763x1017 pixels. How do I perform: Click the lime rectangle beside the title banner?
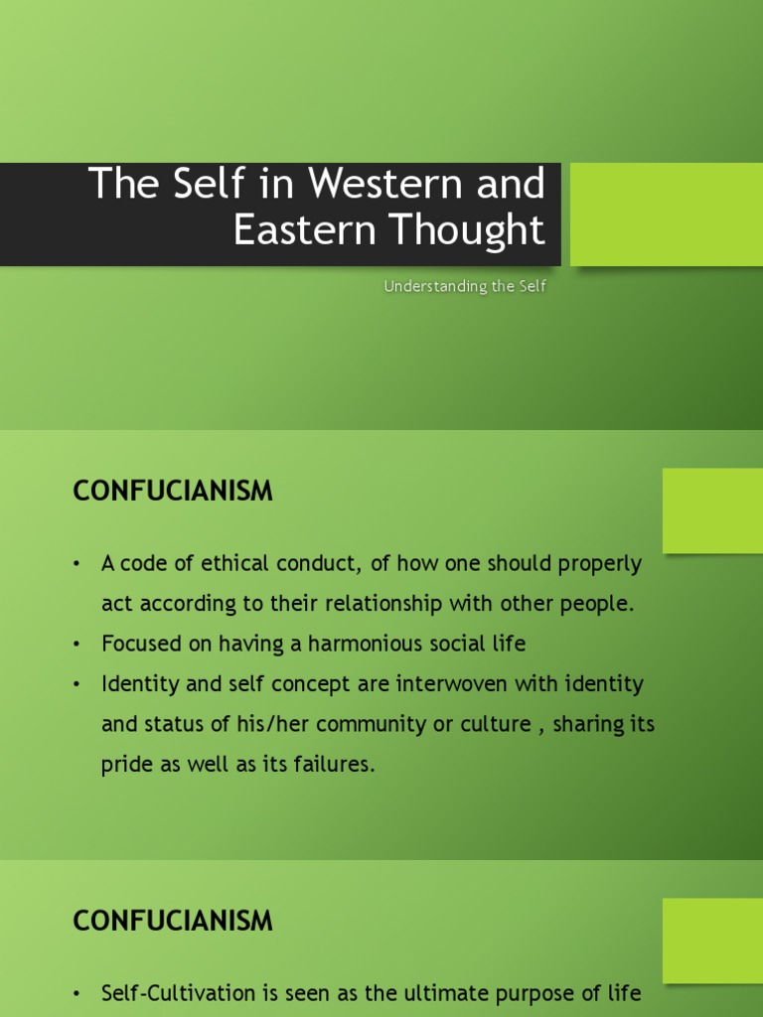(x=667, y=215)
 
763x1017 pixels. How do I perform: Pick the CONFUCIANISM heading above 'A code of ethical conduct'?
(x=173, y=492)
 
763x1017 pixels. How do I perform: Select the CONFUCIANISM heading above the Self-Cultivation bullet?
(x=173, y=922)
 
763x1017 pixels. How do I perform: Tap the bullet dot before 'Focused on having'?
(x=76, y=644)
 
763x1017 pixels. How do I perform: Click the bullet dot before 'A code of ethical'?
(x=76, y=564)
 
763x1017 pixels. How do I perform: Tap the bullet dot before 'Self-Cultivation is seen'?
(x=76, y=993)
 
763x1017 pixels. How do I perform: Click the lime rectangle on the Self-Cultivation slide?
(x=712, y=941)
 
